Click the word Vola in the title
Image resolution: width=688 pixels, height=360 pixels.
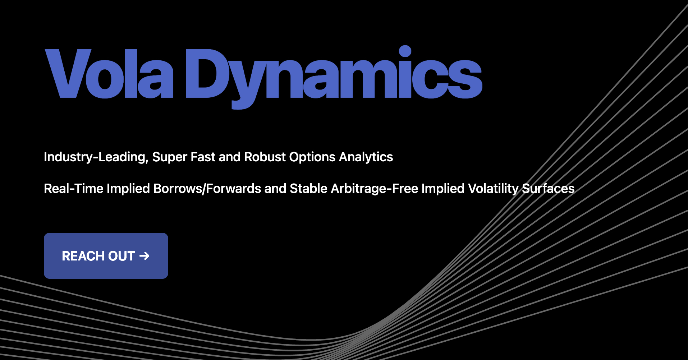(109, 73)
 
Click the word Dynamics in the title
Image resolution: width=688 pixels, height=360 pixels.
(334, 77)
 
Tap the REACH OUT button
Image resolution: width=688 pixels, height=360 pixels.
(106, 256)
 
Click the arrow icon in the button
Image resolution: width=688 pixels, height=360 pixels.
(144, 256)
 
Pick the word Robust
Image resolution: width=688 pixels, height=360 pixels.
(265, 157)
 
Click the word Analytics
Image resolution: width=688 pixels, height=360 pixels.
(366, 157)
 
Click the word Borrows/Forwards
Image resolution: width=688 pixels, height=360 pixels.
(207, 189)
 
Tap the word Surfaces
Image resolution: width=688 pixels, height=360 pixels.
(548, 189)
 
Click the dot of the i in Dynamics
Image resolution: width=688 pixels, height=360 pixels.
(405, 51)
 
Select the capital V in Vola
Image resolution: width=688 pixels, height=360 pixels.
(68, 73)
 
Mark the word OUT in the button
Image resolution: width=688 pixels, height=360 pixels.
(121, 256)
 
